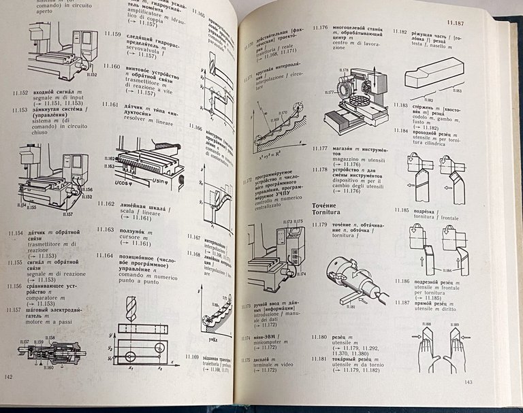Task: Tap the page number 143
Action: click(x=469, y=400)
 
